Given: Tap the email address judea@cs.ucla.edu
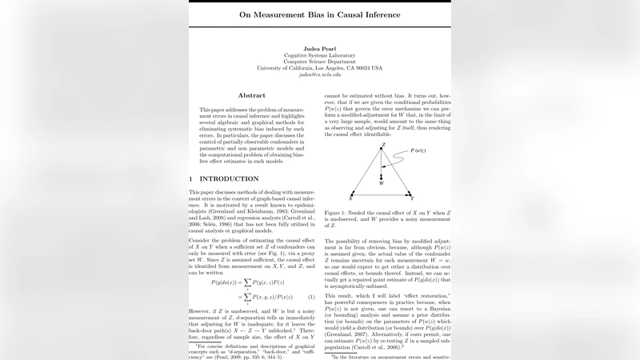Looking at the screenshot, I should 319,75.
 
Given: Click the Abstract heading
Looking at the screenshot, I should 251,95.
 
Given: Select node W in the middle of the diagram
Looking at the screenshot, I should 382,182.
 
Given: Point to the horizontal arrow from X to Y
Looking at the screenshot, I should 382,194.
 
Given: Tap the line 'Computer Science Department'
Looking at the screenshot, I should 319,61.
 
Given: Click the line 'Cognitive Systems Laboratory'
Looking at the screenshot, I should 319,54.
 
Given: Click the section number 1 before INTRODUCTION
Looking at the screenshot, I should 191,178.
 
